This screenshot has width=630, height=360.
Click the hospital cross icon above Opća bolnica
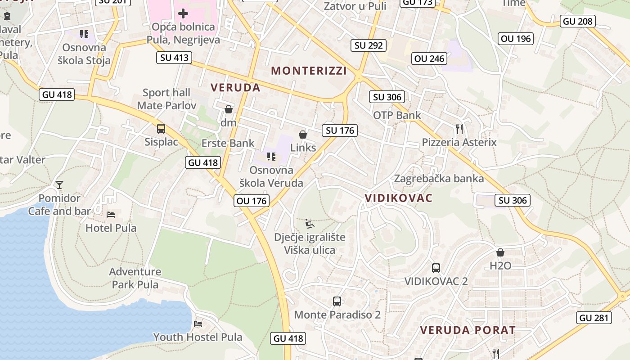pos(183,13)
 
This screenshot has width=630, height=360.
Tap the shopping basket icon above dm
pos(229,109)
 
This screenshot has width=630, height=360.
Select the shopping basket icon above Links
pos(303,135)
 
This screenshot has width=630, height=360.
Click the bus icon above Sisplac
pos(161,129)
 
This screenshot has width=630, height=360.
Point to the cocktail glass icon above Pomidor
pos(59,184)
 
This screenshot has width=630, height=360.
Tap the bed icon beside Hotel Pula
pos(111,214)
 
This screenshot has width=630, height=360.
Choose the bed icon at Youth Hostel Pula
pos(198,324)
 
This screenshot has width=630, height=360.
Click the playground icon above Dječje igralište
pos(310,224)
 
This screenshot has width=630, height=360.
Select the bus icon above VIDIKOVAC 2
pos(436,268)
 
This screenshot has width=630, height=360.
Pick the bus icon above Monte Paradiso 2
pos(337,301)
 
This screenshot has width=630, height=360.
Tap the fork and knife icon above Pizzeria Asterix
pos(459,129)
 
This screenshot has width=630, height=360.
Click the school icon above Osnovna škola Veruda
pos(271,157)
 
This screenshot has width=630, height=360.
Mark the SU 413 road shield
pos(174,58)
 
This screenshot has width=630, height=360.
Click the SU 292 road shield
pos(369,45)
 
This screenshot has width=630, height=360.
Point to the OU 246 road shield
pos(429,58)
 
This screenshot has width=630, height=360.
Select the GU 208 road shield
pos(578,21)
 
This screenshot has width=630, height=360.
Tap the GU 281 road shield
pos(594,318)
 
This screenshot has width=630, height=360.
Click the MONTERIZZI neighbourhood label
pos(309,71)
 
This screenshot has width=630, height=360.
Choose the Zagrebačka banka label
pos(439,179)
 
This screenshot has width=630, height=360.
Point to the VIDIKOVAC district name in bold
pos(398,198)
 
